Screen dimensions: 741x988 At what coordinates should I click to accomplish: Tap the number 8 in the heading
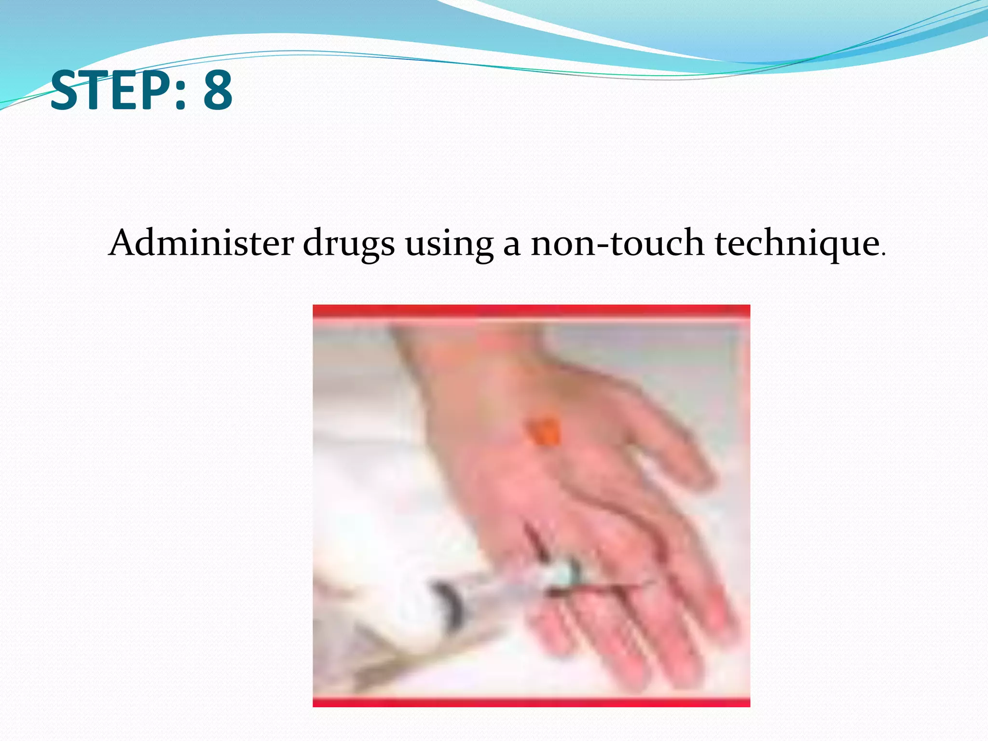[x=218, y=90]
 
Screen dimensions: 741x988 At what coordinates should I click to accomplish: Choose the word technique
[x=797, y=244]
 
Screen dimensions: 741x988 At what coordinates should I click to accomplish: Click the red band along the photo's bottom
[x=531, y=703]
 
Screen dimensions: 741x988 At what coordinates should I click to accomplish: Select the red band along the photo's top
[x=531, y=311]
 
